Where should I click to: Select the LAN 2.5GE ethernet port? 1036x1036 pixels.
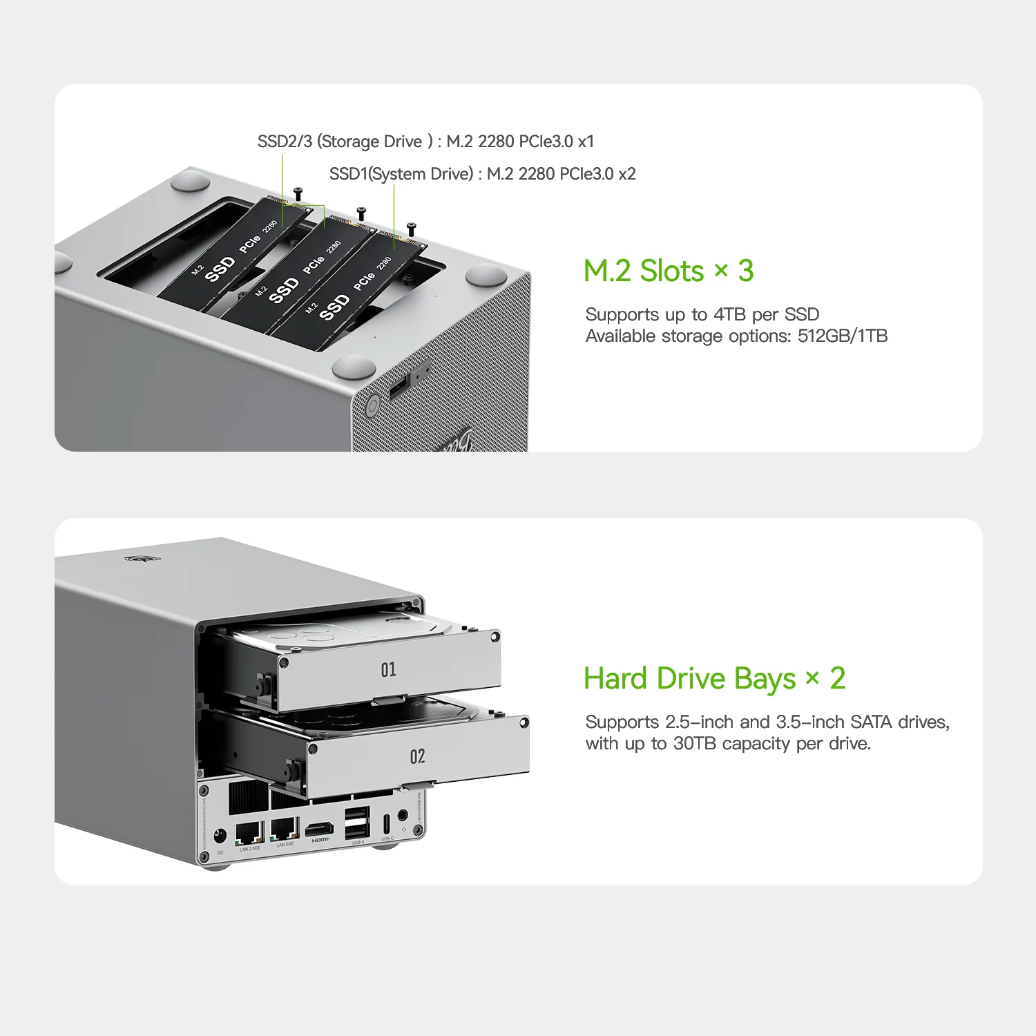249,832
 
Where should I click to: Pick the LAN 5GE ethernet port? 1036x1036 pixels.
285,829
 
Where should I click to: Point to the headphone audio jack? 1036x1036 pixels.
403,817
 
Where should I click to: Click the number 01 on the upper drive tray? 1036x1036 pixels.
388,669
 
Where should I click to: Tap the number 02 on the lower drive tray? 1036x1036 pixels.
417,756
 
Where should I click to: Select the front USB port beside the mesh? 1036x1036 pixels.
400,387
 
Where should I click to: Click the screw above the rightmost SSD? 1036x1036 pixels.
412,228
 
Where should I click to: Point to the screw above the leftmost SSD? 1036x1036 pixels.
298,193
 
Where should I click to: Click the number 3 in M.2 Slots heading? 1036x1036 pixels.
746,271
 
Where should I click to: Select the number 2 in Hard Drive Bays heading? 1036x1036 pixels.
837,678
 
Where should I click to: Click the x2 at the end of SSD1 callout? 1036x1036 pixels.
626,174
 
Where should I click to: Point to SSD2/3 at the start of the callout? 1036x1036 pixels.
285,142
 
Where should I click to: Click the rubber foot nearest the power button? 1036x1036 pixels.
354,367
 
